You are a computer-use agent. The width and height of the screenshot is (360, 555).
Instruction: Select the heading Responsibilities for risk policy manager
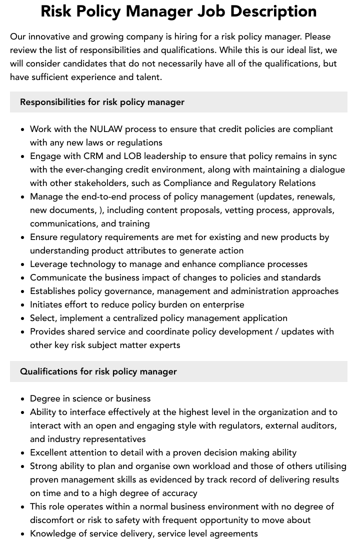pos(102,102)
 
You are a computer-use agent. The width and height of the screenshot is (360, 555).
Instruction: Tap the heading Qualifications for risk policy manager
pos(98,371)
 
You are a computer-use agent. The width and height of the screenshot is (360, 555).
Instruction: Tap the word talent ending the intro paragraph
pos(147,77)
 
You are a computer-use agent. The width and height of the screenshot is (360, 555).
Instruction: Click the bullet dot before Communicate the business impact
pos(23,278)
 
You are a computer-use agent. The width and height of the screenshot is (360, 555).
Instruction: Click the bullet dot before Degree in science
pos(23,399)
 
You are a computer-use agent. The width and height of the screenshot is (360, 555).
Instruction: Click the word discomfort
pos(53,520)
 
